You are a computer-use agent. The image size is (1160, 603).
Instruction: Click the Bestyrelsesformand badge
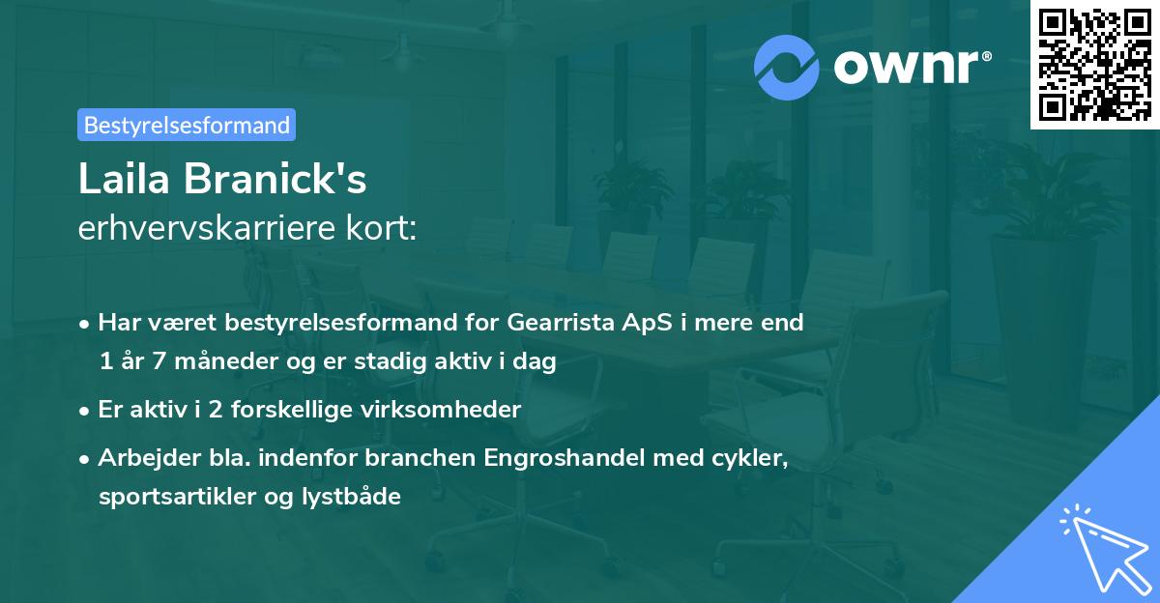(187, 125)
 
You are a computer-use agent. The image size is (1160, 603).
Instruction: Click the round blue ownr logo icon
(787, 67)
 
